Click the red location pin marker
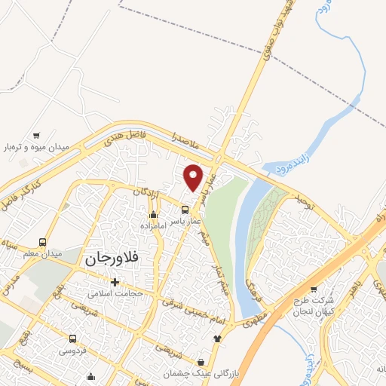click(194, 178)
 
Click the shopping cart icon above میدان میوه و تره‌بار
click(36, 135)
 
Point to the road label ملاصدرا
click(184, 139)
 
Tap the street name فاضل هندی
click(124, 136)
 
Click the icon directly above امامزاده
click(154, 214)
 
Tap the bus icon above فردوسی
click(73, 339)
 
